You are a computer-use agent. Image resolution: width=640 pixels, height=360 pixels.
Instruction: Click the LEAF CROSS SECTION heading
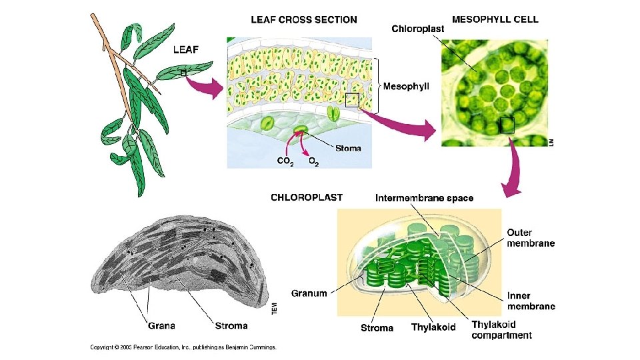(303, 20)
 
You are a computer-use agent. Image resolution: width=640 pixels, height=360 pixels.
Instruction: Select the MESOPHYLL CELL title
(495, 19)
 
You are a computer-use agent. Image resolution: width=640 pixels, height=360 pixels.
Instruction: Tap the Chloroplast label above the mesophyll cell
(417, 29)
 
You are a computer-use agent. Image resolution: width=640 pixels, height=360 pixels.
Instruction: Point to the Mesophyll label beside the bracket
(406, 86)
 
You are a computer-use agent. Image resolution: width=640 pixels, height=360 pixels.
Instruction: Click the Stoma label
(348, 148)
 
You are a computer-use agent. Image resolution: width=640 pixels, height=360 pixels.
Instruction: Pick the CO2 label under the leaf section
(284, 161)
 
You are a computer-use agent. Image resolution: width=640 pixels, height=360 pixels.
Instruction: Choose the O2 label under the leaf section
(313, 161)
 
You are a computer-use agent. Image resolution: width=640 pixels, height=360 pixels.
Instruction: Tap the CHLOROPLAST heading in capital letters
(307, 197)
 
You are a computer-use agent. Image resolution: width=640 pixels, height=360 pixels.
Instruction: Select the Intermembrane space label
(425, 198)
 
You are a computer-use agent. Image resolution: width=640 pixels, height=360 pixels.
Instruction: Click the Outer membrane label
(531, 238)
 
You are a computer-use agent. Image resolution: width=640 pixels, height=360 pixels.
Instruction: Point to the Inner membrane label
(531, 301)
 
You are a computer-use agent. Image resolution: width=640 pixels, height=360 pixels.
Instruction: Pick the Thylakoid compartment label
(501, 330)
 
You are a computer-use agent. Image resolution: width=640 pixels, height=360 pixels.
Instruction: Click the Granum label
(309, 293)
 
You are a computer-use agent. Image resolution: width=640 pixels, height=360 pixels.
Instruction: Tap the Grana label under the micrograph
(161, 326)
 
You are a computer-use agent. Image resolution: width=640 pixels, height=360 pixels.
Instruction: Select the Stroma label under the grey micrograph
(231, 326)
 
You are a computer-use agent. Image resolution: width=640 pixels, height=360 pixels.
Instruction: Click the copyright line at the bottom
(183, 347)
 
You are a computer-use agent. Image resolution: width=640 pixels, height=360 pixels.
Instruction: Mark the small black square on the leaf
(183, 73)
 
